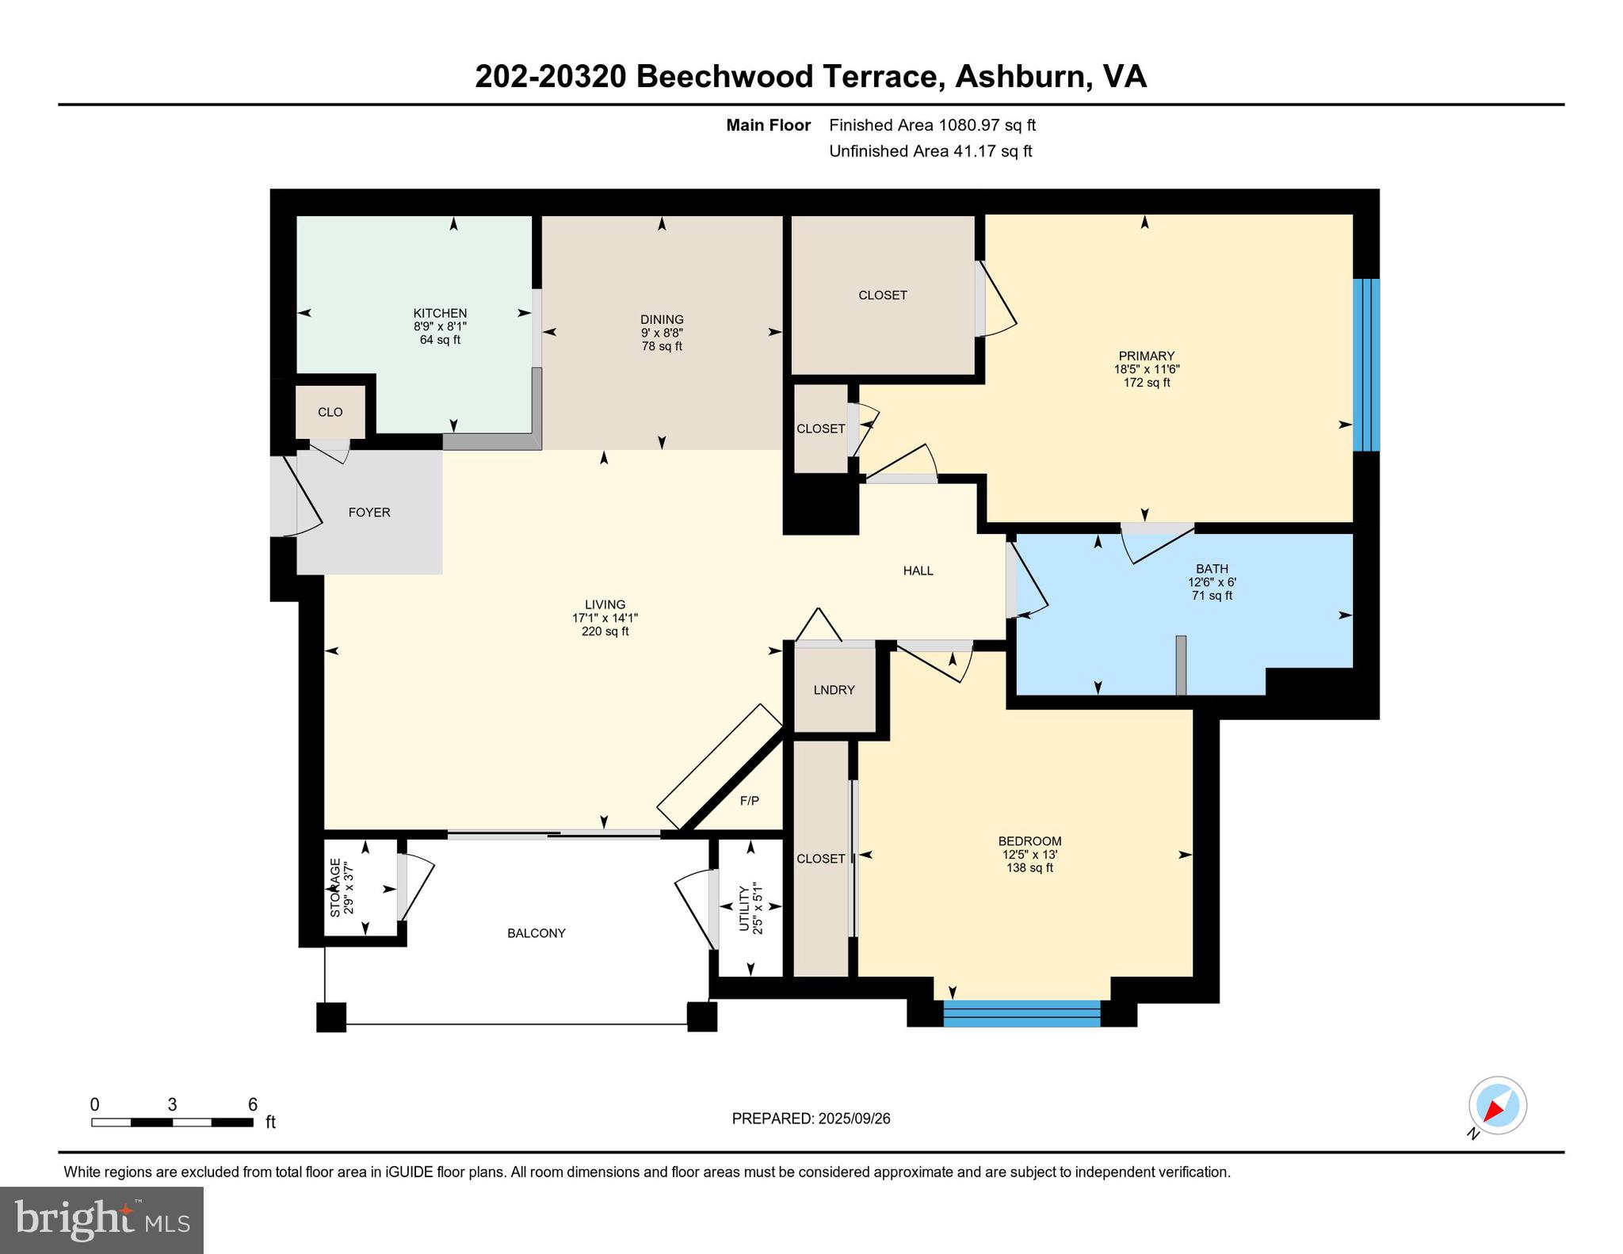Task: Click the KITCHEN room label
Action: (x=440, y=313)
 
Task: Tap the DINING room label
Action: (x=662, y=319)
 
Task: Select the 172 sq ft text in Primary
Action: (x=1146, y=383)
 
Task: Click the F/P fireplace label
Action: (x=749, y=801)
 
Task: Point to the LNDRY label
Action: (x=834, y=690)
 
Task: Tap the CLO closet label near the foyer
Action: (x=330, y=412)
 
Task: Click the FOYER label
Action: (x=369, y=513)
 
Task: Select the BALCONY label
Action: (x=537, y=933)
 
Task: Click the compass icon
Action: (x=1497, y=1106)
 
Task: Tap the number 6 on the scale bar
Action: (x=253, y=1104)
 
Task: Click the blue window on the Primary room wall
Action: (x=1366, y=364)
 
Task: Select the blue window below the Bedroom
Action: (x=1022, y=1014)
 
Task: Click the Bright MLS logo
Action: (x=101, y=1220)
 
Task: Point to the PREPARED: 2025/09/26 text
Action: (x=811, y=1119)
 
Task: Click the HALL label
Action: (x=918, y=570)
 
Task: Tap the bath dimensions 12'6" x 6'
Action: (x=1212, y=582)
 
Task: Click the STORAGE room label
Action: (x=335, y=887)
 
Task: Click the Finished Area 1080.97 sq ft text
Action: (x=932, y=125)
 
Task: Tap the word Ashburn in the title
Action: (x=1020, y=77)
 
